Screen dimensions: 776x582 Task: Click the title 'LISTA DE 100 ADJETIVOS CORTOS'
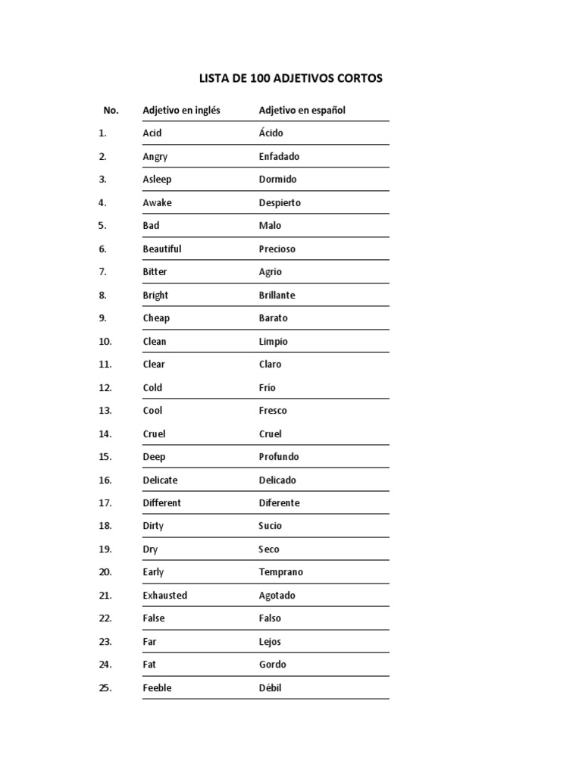click(x=290, y=78)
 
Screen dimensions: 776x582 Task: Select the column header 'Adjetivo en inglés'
click(x=181, y=110)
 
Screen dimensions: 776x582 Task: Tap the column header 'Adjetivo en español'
click(x=302, y=110)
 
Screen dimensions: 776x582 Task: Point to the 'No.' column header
click(x=111, y=110)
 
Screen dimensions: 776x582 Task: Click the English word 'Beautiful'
click(x=161, y=249)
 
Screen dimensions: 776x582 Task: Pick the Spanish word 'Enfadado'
click(x=279, y=156)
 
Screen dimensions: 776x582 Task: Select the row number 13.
click(x=105, y=410)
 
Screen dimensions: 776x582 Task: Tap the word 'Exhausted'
click(x=164, y=595)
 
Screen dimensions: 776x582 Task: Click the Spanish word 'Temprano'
click(x=280, y=571)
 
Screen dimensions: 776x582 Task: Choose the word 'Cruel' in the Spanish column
click(x=270, y=433)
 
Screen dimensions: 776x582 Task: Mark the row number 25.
click(x=105, y=687)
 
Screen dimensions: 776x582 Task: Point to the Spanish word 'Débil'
click(x=270, y=687)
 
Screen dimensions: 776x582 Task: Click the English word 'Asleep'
click(x=157, y=179)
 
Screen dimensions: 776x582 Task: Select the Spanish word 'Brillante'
click(x=277, y=295)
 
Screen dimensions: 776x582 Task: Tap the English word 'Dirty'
click(x=152, y=525)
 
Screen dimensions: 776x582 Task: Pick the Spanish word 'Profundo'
click(x=278, y=456)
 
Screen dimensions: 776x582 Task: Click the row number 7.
click(x=102, y=271)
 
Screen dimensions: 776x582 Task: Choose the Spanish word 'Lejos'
click(x=270, y=641)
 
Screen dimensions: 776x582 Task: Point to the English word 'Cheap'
click(x=156, y=318)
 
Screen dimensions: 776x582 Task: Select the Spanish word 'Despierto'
click(x=280, y=202)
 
